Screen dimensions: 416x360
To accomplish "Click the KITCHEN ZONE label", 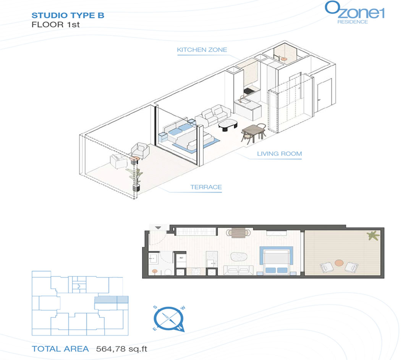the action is click(x=202, y=50).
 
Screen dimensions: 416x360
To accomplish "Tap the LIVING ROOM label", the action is click(x=279, y=154).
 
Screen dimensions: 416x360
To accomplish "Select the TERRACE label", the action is click(x=206, y=187).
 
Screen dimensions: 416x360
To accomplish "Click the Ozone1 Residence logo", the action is click(x=355, y=13).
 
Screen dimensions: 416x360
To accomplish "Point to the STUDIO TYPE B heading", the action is click(x=68, y=15).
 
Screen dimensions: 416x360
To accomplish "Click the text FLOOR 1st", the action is click(x=55, y=25).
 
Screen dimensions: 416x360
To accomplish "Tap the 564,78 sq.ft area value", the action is click(x=121, y=349).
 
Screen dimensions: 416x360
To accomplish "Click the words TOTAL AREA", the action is click(x=60, y=349).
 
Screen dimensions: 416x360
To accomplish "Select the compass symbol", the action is click(x=169, y=319).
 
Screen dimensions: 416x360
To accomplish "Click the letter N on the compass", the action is click(x=180, y=328).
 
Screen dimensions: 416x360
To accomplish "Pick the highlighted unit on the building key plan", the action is click(x=112, y=300).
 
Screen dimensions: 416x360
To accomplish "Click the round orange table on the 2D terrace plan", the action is click(x=339, y=263).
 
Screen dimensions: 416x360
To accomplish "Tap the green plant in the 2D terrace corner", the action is click(x=373, y=236).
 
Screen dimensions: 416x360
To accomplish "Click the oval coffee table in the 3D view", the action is click(x=228, y=124).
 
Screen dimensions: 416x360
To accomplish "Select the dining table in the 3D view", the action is click(x=253, y=132).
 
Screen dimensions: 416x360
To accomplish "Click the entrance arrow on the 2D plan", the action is click(x=158, y=228).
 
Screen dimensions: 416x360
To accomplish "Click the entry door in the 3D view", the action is click(x=324, y=95).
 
